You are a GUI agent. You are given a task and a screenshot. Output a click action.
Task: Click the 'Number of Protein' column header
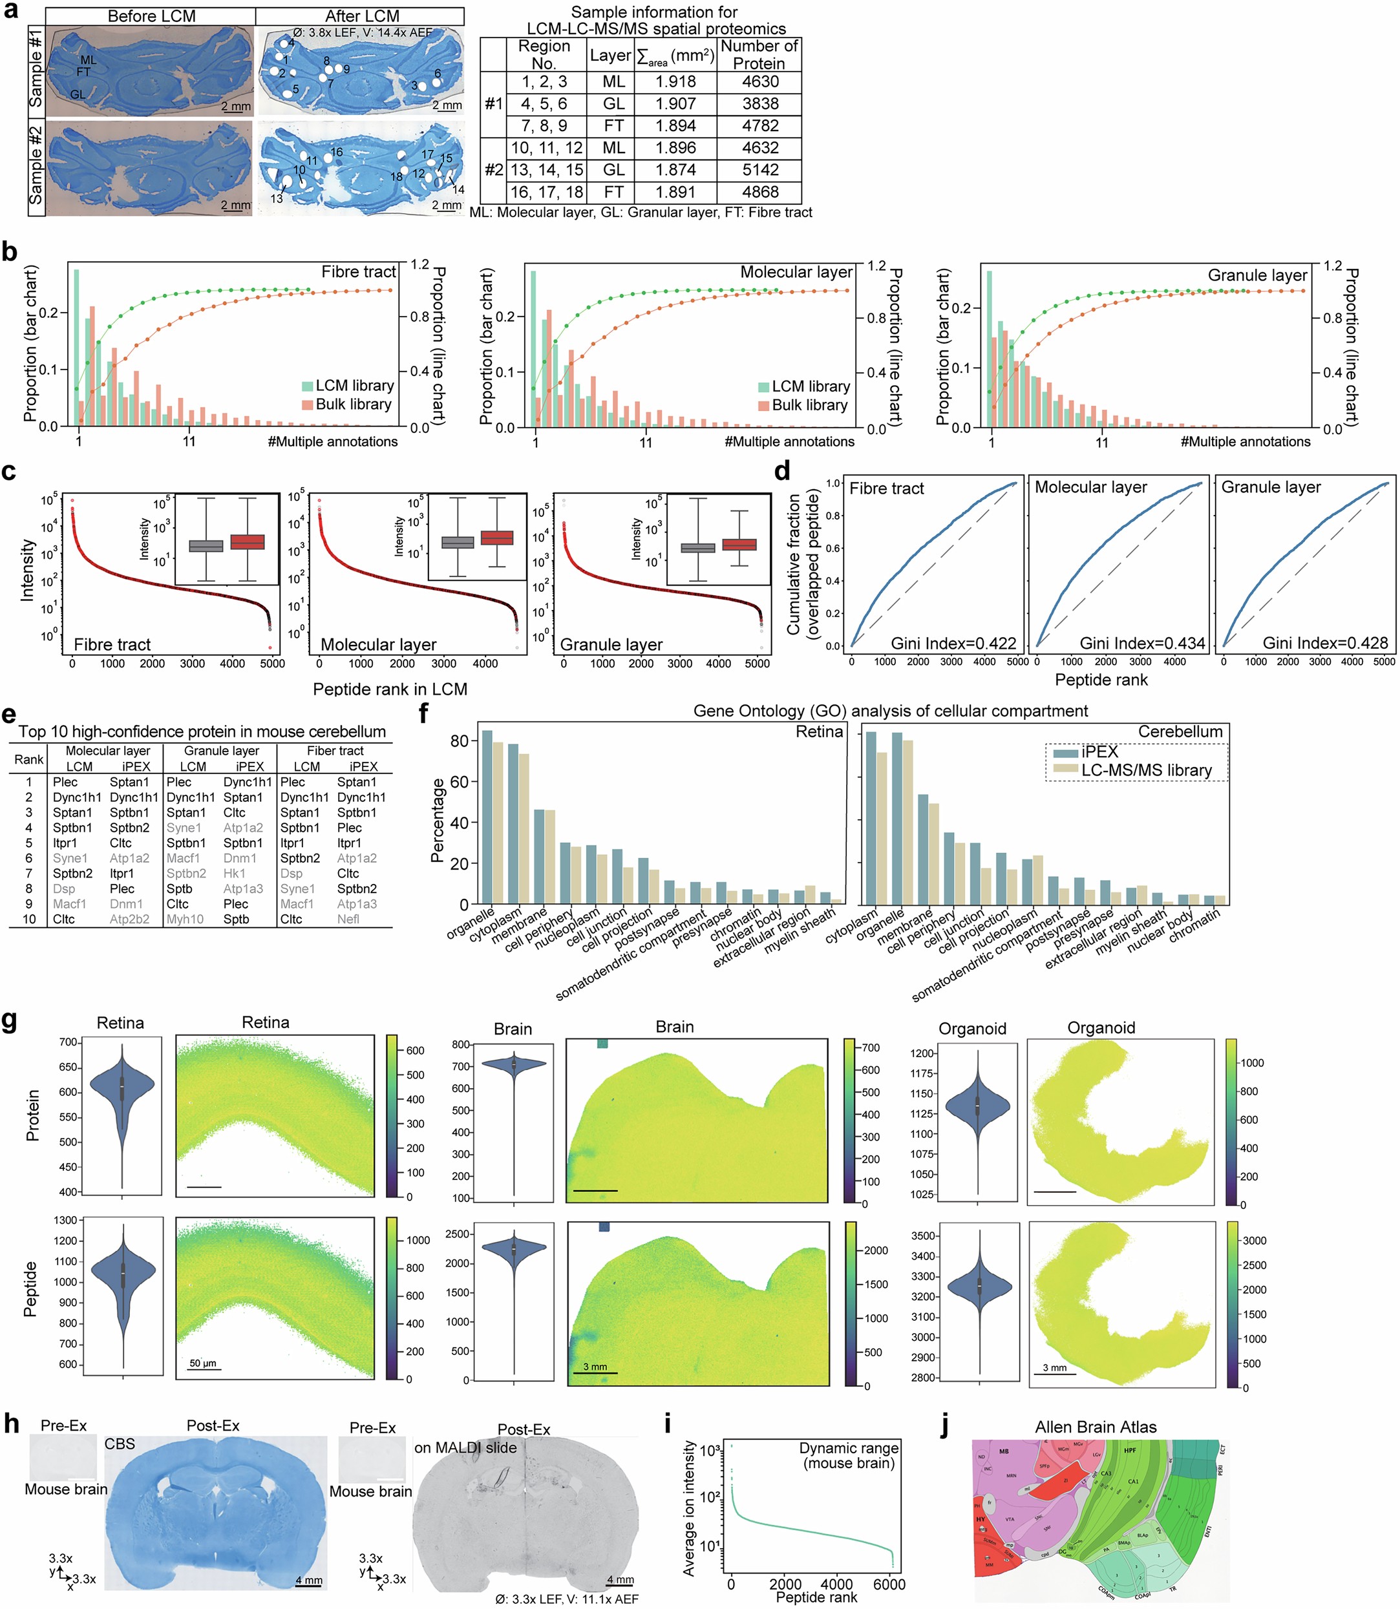tap(759, 55)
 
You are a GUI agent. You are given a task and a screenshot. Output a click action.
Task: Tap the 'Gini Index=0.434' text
tap(1142, 644)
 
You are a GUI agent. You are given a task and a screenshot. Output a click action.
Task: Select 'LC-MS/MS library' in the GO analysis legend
tap(1145, 770)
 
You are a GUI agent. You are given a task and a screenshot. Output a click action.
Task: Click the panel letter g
tap(10, 1022)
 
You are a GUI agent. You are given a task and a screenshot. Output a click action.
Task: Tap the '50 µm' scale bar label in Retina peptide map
tap(203, 1363)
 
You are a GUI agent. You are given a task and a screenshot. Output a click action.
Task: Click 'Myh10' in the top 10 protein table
tap(184, 920)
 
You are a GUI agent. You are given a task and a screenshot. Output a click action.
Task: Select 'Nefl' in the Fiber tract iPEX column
tap(348, 920)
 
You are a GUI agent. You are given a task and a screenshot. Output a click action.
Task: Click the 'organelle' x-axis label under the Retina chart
tap(471, 924)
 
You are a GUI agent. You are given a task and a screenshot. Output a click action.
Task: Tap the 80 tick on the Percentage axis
tap(459, 741)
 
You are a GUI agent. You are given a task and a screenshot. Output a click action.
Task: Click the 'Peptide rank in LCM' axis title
tap(390, 689)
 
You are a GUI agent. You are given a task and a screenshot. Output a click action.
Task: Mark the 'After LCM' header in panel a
tap(362, 16)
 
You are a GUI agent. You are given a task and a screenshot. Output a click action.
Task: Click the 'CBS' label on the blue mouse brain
tap(120, 1444)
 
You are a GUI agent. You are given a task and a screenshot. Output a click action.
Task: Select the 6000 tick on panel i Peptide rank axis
tap(889, 1585)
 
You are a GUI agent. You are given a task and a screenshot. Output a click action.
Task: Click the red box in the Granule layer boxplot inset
tap(738, 544)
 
